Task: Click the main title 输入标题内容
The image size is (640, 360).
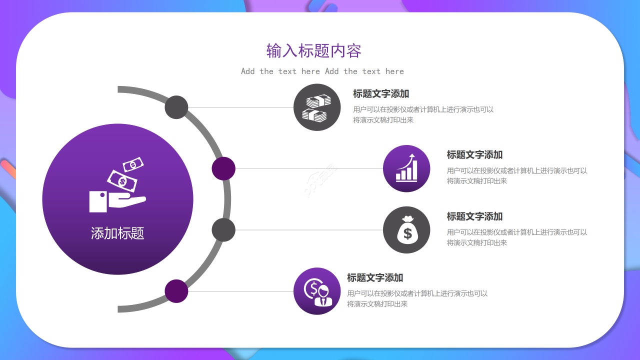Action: (313, 51)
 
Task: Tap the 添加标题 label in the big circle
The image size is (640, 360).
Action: (117, 233)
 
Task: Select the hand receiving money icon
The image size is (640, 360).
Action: (117, 184)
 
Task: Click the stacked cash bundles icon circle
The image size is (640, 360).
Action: (317, 107)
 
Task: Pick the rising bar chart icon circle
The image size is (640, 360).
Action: (406, 168)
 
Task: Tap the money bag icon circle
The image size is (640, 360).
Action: (406, 230)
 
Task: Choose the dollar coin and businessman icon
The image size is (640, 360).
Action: (317, 291)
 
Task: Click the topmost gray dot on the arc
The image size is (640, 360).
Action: (176, 107)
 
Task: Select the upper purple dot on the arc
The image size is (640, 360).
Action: (223, 168)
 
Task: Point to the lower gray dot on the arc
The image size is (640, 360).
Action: (223, 230)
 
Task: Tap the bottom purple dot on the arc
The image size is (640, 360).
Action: (176, 291)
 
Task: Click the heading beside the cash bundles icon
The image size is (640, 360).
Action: (381, 93)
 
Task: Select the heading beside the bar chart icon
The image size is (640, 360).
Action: (474, 155)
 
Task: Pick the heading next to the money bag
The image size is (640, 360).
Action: (474, 216)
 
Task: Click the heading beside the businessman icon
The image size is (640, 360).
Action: (375, 277)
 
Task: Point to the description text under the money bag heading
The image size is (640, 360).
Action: (517, 237)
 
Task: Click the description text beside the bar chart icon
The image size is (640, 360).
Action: (517, 175)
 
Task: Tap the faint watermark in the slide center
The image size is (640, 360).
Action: (320, 180)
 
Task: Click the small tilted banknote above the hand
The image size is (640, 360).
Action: (133, 164)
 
